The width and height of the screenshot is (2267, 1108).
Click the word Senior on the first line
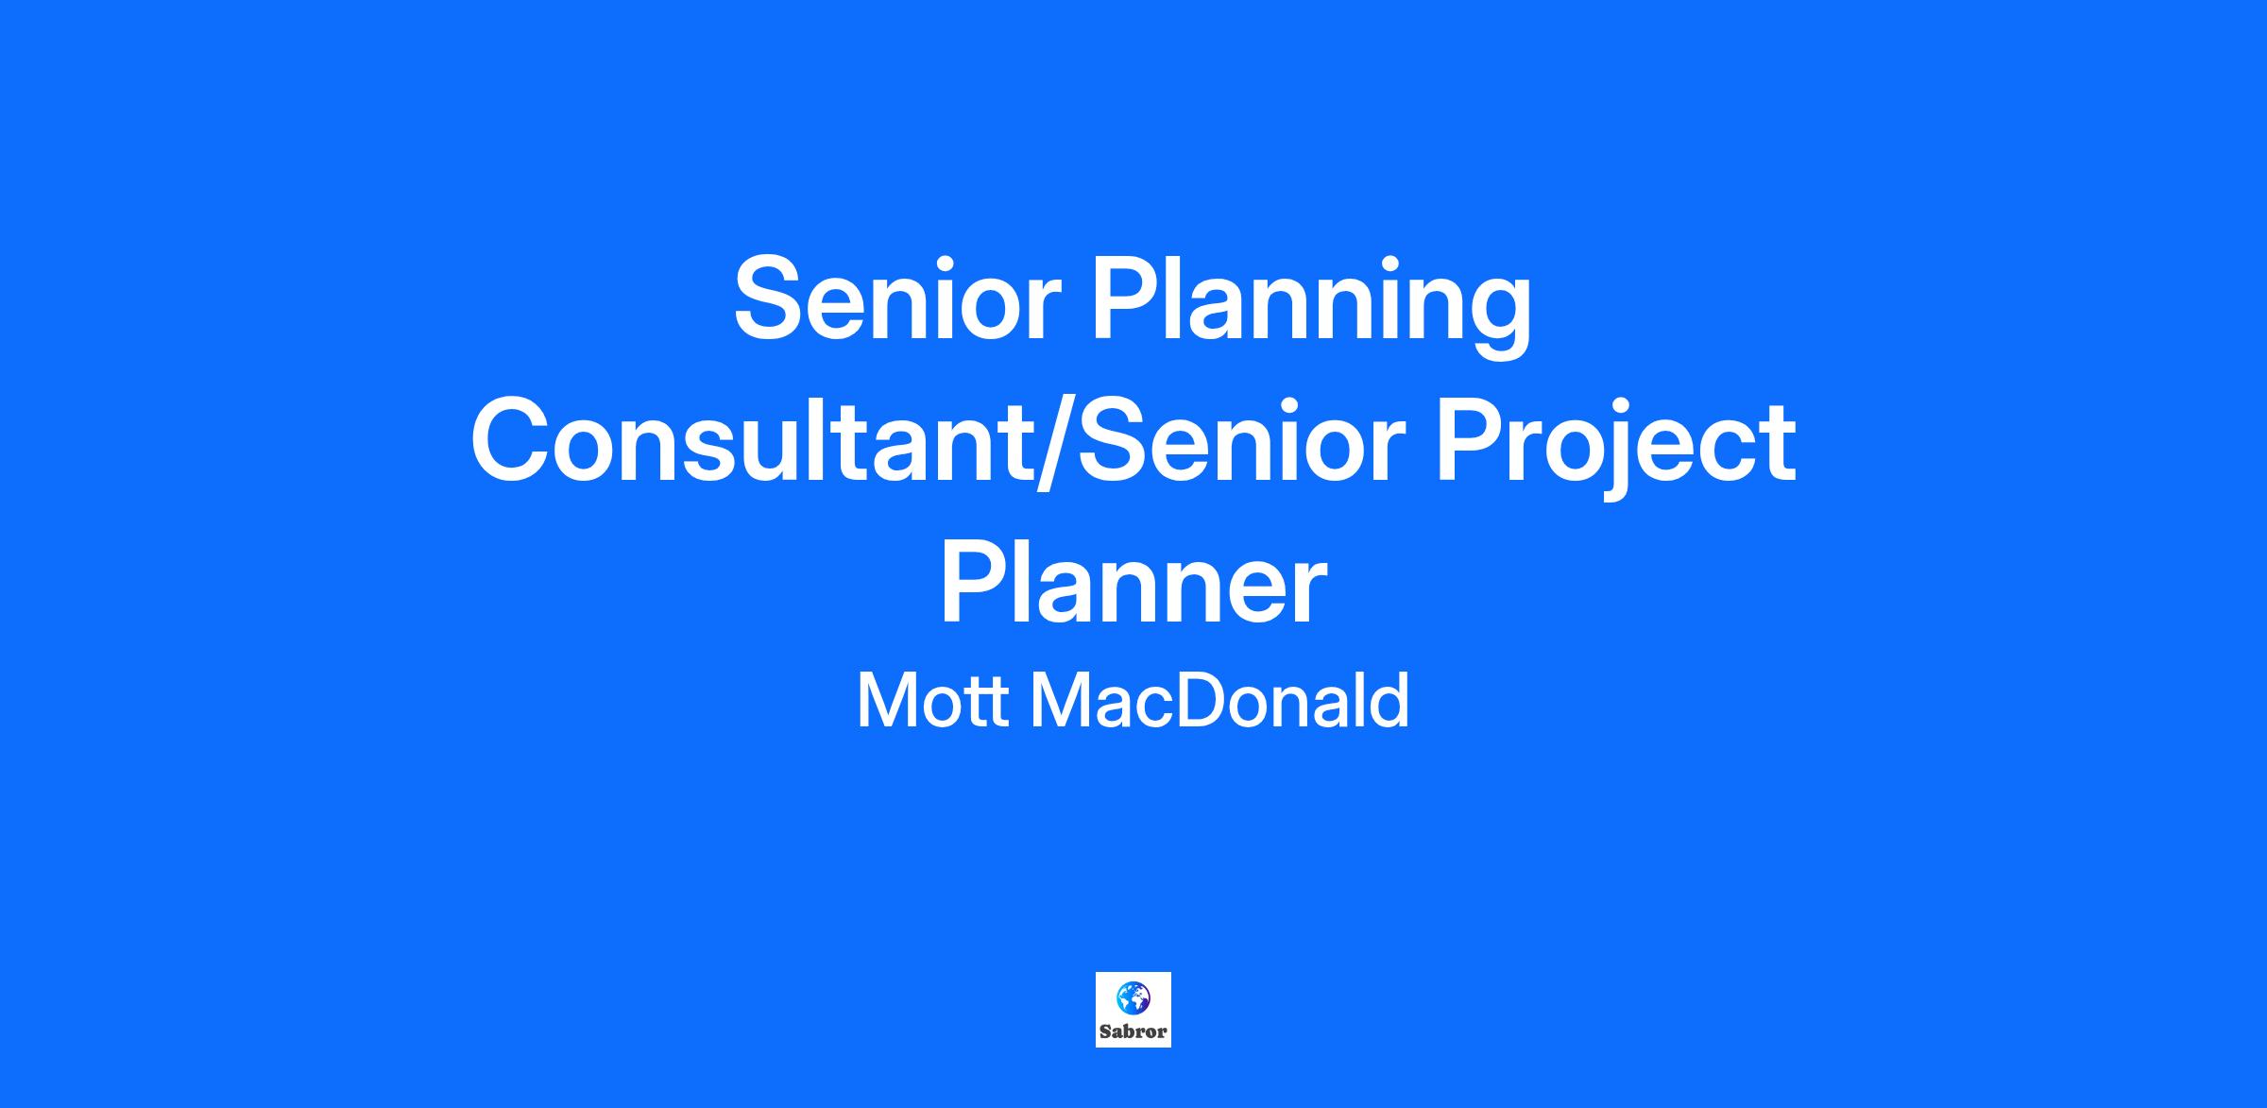tap(893, 298)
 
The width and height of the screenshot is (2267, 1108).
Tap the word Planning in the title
tap(1312, 307)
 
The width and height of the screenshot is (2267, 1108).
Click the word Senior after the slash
tap(1236, 441)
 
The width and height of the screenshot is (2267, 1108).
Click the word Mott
tap(931, 701)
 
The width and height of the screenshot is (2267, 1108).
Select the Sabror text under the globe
tap(1133, 1031)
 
